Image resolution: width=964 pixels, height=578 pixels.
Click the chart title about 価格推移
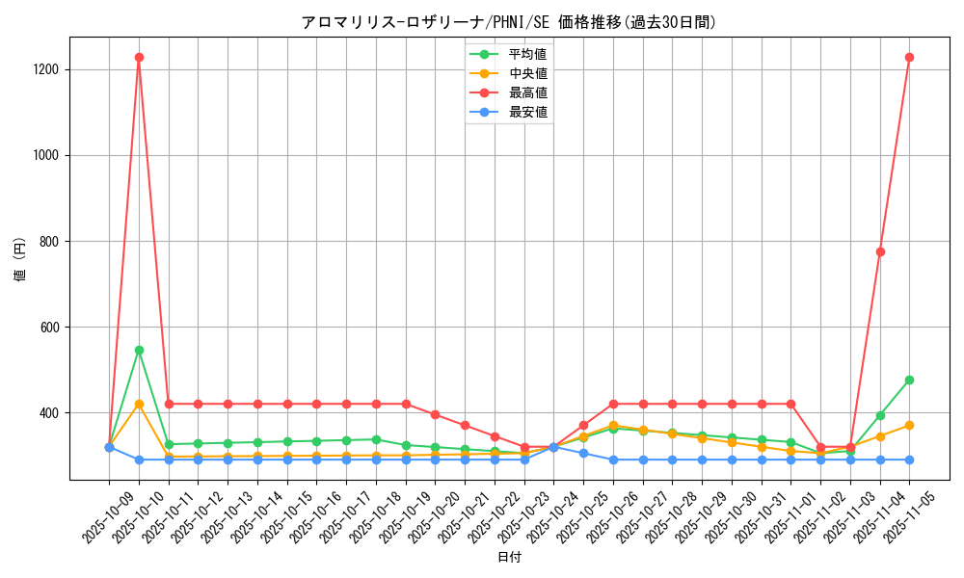(509, 21)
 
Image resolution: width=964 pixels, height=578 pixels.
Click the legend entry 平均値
(528, 54)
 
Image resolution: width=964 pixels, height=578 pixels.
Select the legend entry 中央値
(528, 73)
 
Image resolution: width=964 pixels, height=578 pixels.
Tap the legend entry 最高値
(528, 92)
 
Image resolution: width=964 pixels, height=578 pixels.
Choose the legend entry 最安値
(528, 113)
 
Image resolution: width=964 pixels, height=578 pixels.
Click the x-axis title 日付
(509, 558)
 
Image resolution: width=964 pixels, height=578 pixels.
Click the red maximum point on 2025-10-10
(139, 57)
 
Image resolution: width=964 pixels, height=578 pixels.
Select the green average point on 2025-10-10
(139, 350)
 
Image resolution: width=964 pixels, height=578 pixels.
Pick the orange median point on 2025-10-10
(139, 404)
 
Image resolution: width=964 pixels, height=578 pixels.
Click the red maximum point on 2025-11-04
(880, 251)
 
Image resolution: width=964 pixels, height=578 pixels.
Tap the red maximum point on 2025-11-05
(909, 57)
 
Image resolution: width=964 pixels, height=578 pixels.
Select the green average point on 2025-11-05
(909, 380)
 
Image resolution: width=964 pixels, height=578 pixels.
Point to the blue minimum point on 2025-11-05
(909, 460)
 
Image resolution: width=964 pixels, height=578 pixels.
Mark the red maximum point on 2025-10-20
(435, 414)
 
